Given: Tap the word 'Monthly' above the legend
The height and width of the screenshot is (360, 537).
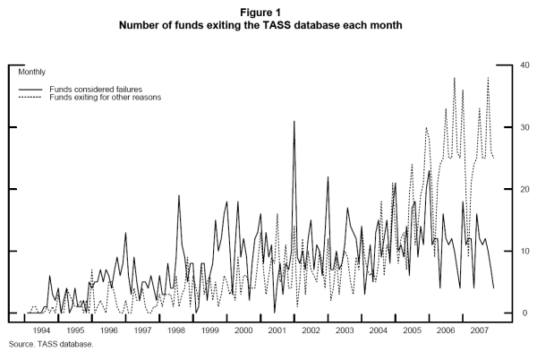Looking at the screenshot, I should tap(32, 71).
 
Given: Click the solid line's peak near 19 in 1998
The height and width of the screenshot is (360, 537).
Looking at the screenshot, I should tap(179, 195).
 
